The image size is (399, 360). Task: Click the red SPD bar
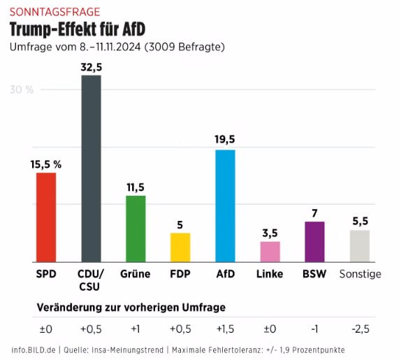[x=46, y=217]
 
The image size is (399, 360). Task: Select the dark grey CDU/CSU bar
[x=91, y=168]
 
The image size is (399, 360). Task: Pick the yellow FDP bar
[x=180, y=247]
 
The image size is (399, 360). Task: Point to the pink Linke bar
[x=270, y=251]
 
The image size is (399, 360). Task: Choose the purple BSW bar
[x=314, y=241]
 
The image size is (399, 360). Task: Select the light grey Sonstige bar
[x=359, y=245]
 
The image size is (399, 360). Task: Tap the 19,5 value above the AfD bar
[x=225, y=139]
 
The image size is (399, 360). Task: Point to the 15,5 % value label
[x=46, y=164]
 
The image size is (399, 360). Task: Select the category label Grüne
[x=136, y=274]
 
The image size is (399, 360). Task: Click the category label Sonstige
[x=360, y=274]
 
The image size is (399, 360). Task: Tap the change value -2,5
[x=359, y=329]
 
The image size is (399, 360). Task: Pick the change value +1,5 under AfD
[x=225, y=329]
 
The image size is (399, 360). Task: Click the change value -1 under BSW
[x=314, y=329]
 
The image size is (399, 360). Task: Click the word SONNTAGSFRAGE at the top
[x=55, y=12]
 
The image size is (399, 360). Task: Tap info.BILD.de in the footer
[x=34, y=350]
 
